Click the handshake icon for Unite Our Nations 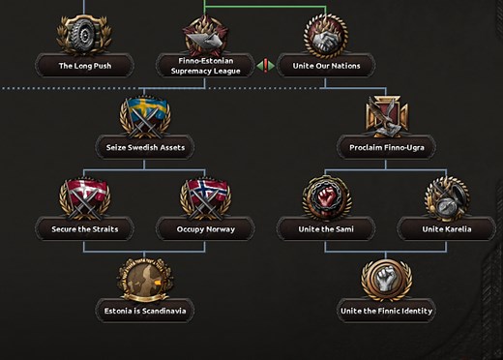(326, 35)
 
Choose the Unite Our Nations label (326, 66)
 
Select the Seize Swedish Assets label (144, 148)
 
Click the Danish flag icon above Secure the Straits (83, 197)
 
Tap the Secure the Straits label (83, 229)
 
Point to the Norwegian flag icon (205, 197)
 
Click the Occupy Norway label (205, 229)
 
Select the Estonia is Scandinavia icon (144, 279)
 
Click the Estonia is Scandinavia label (144, 312)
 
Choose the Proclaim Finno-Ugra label (386, 148)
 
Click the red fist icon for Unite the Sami (326, 197)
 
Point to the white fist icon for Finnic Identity (386, 279)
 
